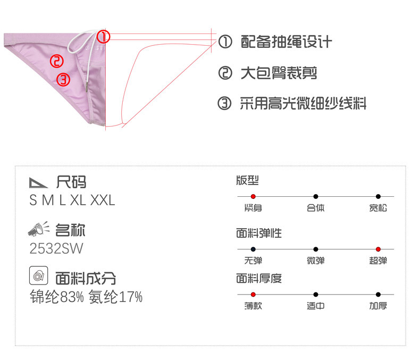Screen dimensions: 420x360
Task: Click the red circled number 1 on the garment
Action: pos(104,37)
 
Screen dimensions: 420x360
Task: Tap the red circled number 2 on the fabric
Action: pos(57,61)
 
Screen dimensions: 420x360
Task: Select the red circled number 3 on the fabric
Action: pos(63,80)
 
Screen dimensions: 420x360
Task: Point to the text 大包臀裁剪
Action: pos(279,73)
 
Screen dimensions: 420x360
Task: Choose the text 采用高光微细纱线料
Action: pos(303,103)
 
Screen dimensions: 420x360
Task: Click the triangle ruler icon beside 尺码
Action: pos(39,183)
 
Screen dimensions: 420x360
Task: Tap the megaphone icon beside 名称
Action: pos(39,230)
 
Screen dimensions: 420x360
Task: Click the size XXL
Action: pos(103,200)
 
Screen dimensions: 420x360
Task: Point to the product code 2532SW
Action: pos(56,248)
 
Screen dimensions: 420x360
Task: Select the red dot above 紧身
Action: pos(253,197)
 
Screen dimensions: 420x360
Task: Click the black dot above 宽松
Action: pos(378,197)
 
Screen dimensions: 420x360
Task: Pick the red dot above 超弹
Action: pos(378,249)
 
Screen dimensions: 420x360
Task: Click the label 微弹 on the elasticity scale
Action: pos(315,261)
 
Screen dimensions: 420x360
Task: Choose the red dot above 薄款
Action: pos(253,294)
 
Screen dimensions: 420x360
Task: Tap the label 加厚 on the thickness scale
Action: pos(378,306)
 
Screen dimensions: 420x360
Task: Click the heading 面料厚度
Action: pos(259,278)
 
